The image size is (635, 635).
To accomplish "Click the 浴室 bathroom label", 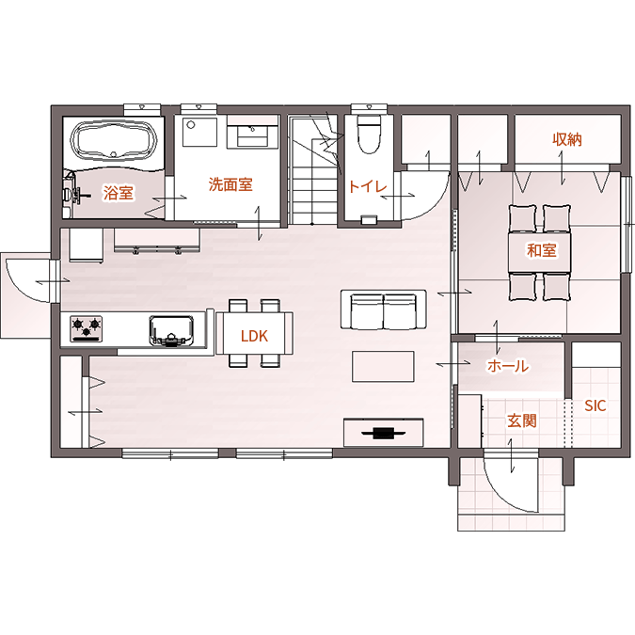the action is (118, 193).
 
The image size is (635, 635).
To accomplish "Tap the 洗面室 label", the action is (230, 184).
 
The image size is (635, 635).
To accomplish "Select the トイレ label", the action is (367, 186).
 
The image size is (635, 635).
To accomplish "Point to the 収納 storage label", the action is (567, 139).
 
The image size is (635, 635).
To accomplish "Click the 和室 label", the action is (542, 250).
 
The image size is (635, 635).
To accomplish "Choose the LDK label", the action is (254, 336).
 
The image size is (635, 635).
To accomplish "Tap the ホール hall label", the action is (508, 366).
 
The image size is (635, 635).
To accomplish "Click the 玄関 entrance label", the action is (521, 421).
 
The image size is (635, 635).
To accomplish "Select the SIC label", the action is (595, 405).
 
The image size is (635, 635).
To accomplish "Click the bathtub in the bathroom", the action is (114, 140).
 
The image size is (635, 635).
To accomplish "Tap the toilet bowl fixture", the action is (369, 134).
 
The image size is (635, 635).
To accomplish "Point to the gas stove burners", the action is (87, 327).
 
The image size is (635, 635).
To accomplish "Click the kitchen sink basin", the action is (171, 330).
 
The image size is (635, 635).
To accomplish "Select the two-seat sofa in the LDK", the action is (383, 310).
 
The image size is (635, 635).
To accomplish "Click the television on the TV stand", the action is (383, 433).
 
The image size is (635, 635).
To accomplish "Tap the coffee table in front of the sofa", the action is (383, 367).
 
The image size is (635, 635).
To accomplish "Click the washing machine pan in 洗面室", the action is (199, 132).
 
